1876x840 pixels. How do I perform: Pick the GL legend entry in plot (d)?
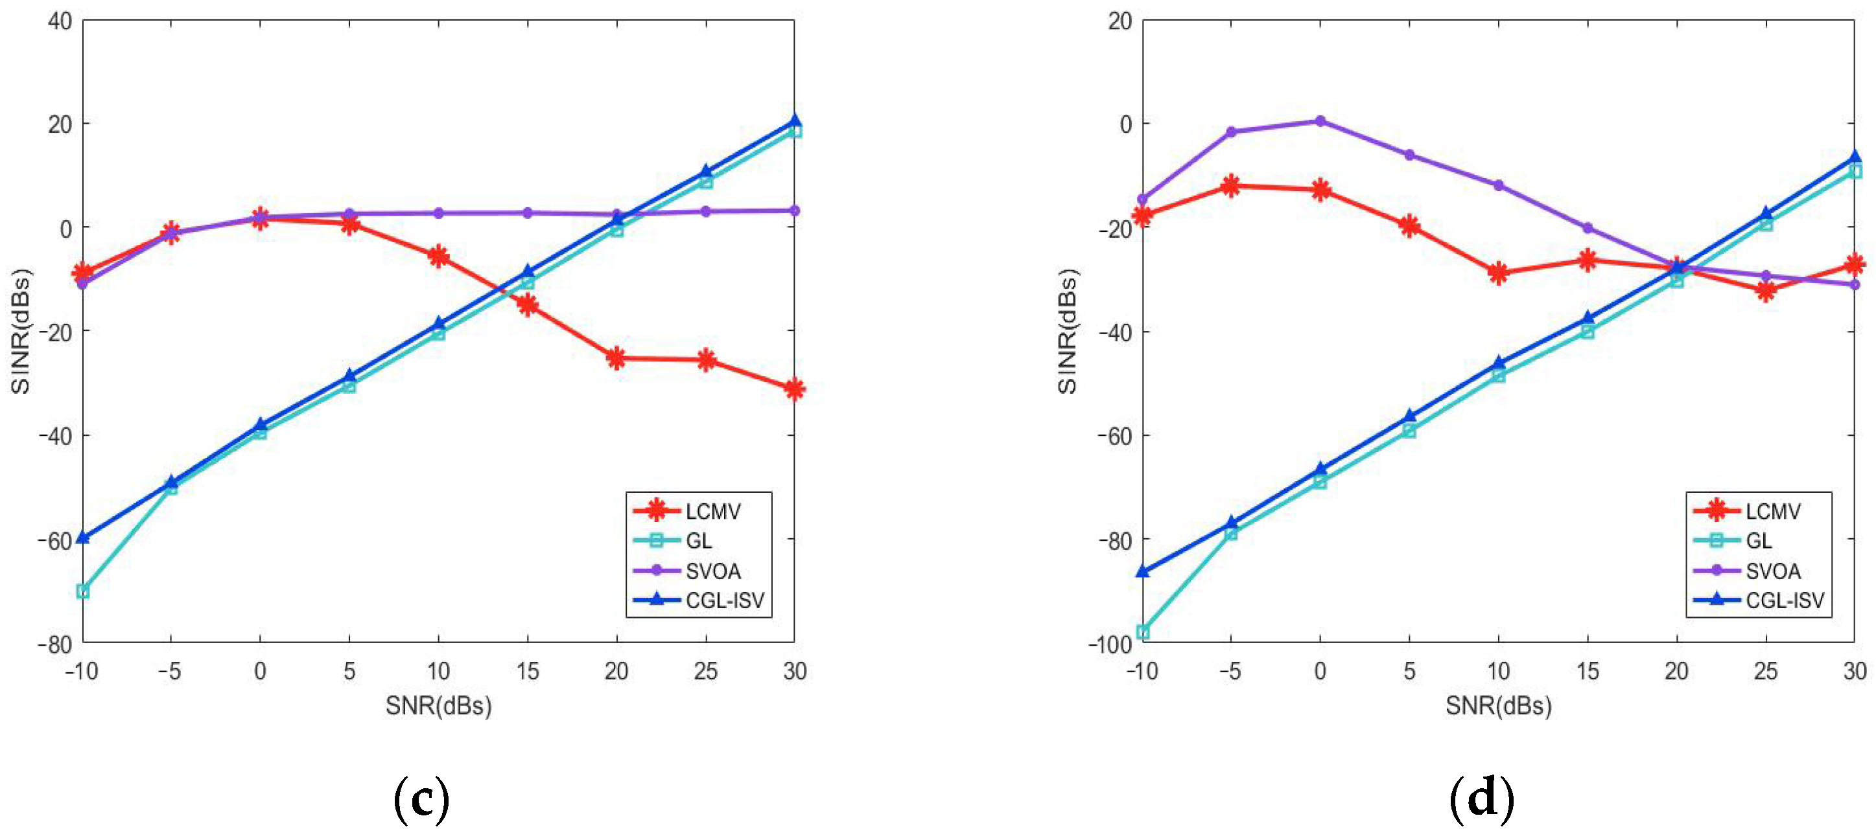click(1757, 541)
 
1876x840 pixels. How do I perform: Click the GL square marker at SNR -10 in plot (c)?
click(83, 591)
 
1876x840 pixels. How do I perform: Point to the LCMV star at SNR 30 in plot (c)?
click(795, 389)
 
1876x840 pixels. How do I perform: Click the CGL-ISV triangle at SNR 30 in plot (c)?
click(795, 122)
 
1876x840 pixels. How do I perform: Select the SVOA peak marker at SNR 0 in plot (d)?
click(1320, 121)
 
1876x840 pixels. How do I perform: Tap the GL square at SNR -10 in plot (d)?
click(1143, 632)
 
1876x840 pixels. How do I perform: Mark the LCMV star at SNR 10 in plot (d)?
click(1498, 273)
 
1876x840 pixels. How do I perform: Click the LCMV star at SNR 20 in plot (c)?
click(616, 358)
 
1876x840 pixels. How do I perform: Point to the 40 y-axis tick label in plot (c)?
click(60, 21)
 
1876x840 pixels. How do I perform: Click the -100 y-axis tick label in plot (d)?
click(1110, 644)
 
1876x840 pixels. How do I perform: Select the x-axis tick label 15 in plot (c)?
click(527, 670)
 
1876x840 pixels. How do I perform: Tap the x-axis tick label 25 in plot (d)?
click(1765, 670)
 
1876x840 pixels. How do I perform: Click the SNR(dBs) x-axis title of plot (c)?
click(438, 705)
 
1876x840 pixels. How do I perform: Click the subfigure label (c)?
click(421, 799)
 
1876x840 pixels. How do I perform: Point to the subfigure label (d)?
click(1481, 799)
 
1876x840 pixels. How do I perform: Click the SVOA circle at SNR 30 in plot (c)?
click(795, 210)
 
